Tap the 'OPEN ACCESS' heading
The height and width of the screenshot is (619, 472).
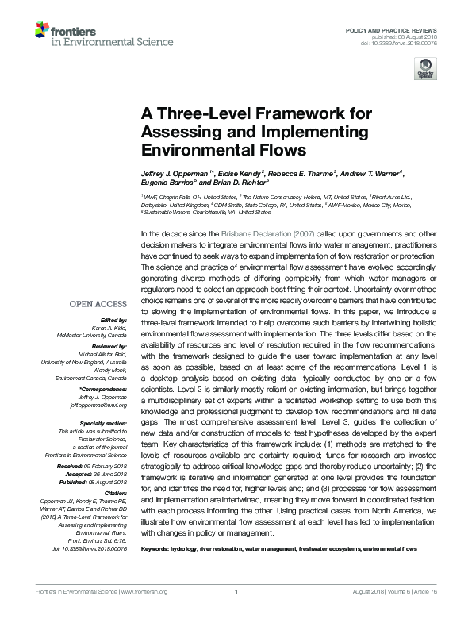98,303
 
